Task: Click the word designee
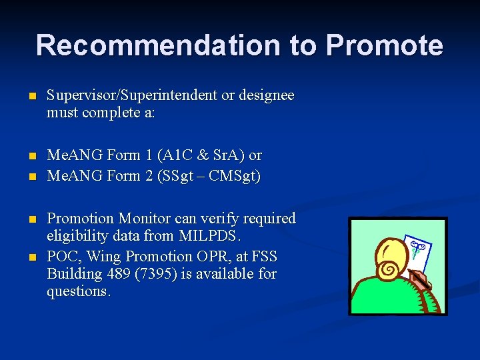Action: [x=266, y=95]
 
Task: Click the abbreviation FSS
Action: [x=264, y=257]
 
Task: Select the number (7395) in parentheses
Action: [x=155, y=274]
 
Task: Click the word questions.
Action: [x=79, y=291]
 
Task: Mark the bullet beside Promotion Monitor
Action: [x=31, y=219]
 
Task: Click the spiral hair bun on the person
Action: [x=389, y=271]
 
